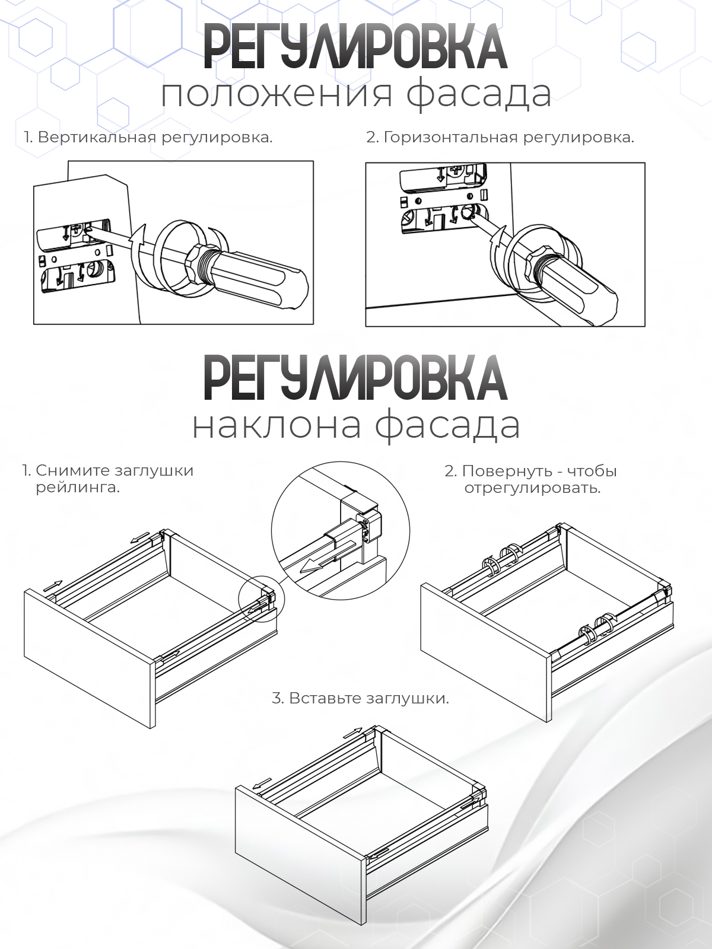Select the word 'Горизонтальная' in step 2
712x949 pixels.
pos(452,138)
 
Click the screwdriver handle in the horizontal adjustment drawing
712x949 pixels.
pos(578,291)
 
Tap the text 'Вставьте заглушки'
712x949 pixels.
pos(360,698)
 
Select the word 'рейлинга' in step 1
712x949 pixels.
pos(77,489)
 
